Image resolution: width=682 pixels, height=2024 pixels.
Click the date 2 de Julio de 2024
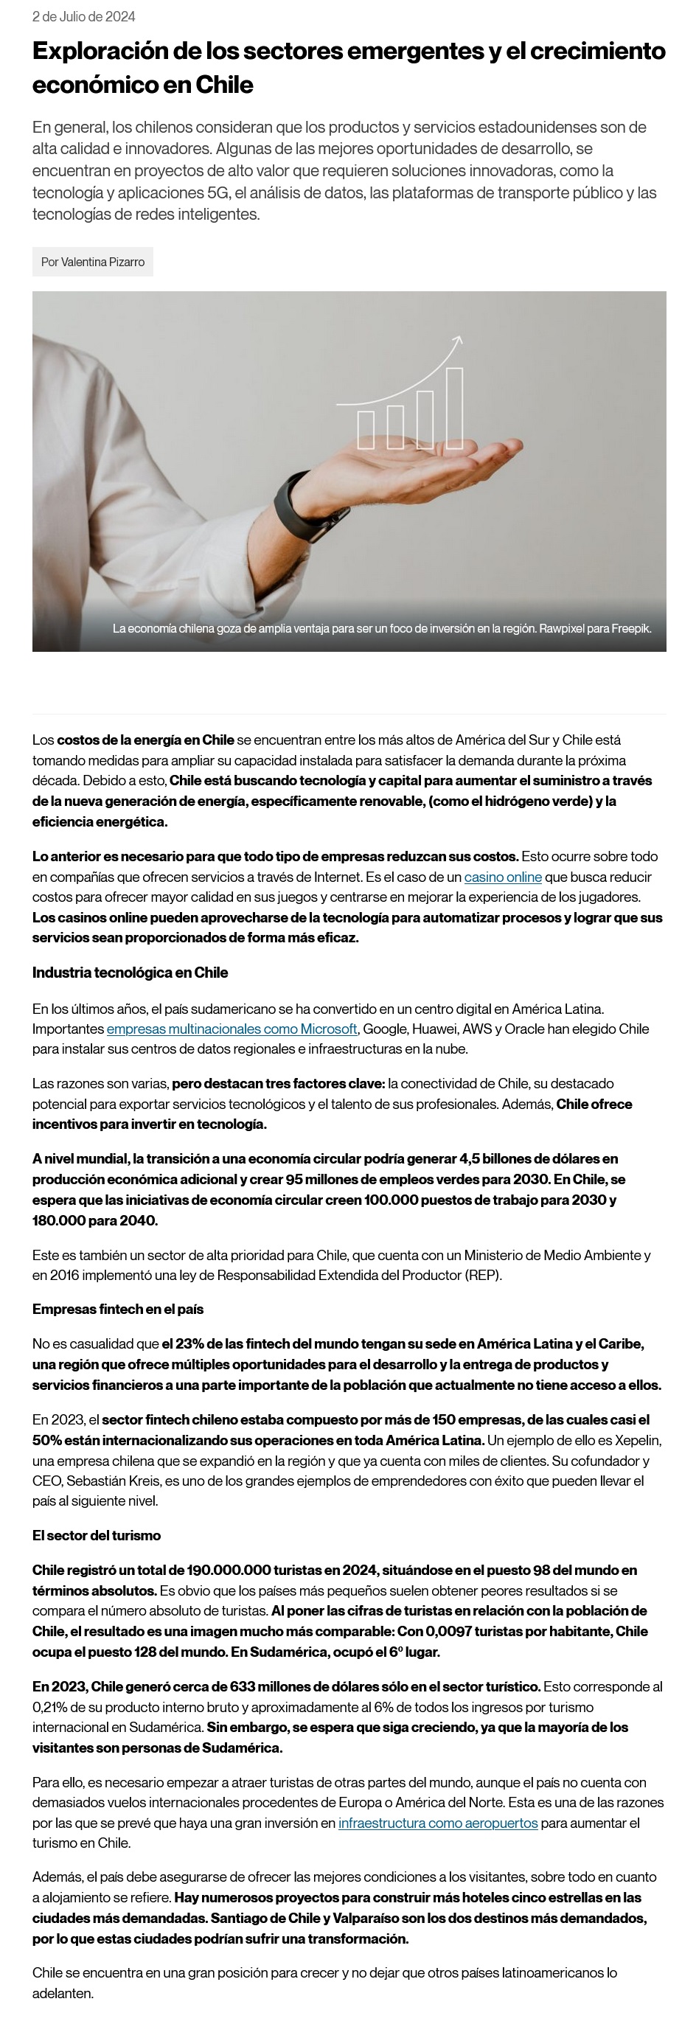(83, 16)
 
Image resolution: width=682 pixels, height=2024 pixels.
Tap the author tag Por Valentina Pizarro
(93, 262)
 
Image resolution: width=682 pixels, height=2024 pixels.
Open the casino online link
(503, 876)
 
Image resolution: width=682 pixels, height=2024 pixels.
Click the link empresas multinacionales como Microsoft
(232, 1029)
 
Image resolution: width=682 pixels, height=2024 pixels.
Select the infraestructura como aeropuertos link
(438, 1823)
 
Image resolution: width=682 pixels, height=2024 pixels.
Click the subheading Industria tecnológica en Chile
(130, 972)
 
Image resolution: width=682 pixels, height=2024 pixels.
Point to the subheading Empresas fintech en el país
(118, 1309)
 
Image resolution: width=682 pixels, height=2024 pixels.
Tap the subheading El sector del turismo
(96, 1535)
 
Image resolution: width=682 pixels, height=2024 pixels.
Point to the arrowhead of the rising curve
(458, 339)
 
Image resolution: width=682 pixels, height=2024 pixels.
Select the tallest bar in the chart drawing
(454, 407)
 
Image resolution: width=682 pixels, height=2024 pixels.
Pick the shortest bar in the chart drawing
(366, 429)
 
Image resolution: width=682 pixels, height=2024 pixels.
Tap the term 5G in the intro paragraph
(217, 192)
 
